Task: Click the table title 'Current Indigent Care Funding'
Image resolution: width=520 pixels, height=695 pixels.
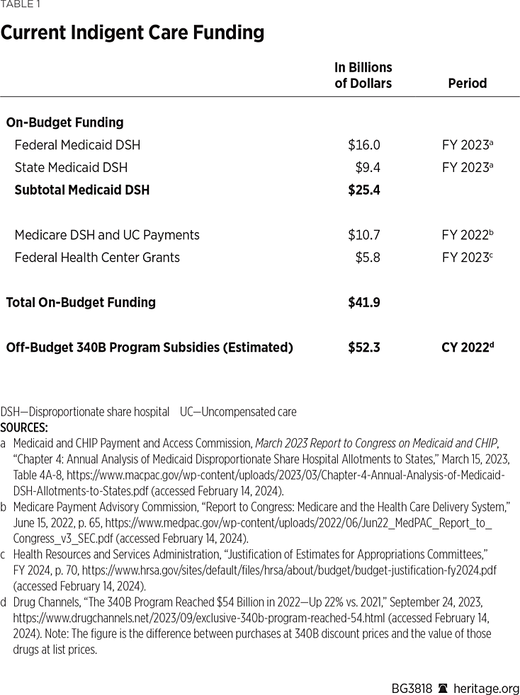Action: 132,33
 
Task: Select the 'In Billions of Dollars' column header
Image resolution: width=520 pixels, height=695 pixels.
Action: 363,75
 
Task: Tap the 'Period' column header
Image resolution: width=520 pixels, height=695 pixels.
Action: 467,83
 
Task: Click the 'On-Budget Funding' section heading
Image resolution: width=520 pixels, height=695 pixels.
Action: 64,122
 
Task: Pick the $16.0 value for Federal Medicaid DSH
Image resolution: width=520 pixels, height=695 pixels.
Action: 363,145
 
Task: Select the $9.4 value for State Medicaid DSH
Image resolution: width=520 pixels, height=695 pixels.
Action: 367,168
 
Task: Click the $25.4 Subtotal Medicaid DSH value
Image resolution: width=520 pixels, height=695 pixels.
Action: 363,190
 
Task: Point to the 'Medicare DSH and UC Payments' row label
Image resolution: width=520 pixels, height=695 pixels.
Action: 107,235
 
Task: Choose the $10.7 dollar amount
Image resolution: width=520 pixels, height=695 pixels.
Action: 363,235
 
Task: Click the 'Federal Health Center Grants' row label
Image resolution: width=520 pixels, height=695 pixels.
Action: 97,258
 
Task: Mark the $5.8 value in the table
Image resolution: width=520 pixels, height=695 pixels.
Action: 367,258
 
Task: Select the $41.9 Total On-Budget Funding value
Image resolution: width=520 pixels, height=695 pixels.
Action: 363,302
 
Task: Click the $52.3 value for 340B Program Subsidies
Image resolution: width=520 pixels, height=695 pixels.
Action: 363,347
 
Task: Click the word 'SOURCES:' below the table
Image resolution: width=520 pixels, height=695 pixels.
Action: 24,427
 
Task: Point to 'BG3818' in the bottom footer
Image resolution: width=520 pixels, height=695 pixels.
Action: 412,688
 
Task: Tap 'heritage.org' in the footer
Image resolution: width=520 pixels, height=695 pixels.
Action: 487,688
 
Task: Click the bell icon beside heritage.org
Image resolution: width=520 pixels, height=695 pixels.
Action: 443,688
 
